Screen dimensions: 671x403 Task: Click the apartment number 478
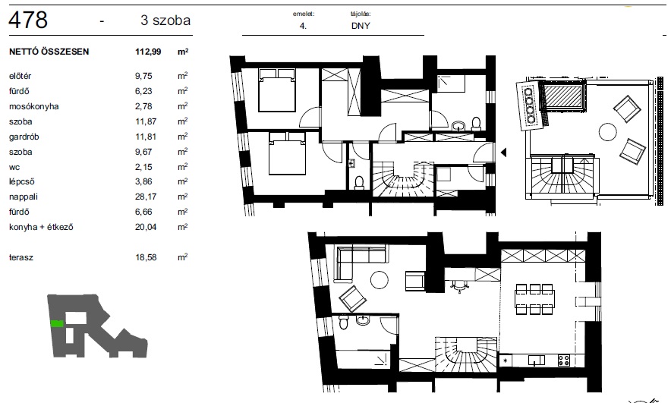pos(28,20)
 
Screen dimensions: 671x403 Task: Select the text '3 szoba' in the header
pos(165,20)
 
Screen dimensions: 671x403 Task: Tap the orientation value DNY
pos(361,26)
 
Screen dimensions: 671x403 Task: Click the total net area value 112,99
pos(148,52)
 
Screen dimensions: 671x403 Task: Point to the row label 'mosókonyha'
pos(34,106)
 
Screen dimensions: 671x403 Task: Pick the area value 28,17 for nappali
pos(146,197)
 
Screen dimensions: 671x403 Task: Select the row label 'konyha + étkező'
pos(41,227)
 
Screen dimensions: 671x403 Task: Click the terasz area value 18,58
pos(146,257)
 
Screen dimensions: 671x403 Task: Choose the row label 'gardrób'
pos(24,137)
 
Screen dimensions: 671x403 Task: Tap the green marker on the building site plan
pos(57,324)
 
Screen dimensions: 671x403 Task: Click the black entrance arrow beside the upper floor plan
pos(504,152)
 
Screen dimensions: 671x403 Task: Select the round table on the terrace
pos(608,132)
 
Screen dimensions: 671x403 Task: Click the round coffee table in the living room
pos(380,280)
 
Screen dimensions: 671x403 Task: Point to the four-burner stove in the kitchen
pos(563,360)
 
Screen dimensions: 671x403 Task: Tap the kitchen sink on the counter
pos(536,360)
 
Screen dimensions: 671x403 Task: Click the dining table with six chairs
pos(534,299)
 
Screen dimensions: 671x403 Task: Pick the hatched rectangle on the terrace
pos(562,97)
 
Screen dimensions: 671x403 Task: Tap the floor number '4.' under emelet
pos(303,26)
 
